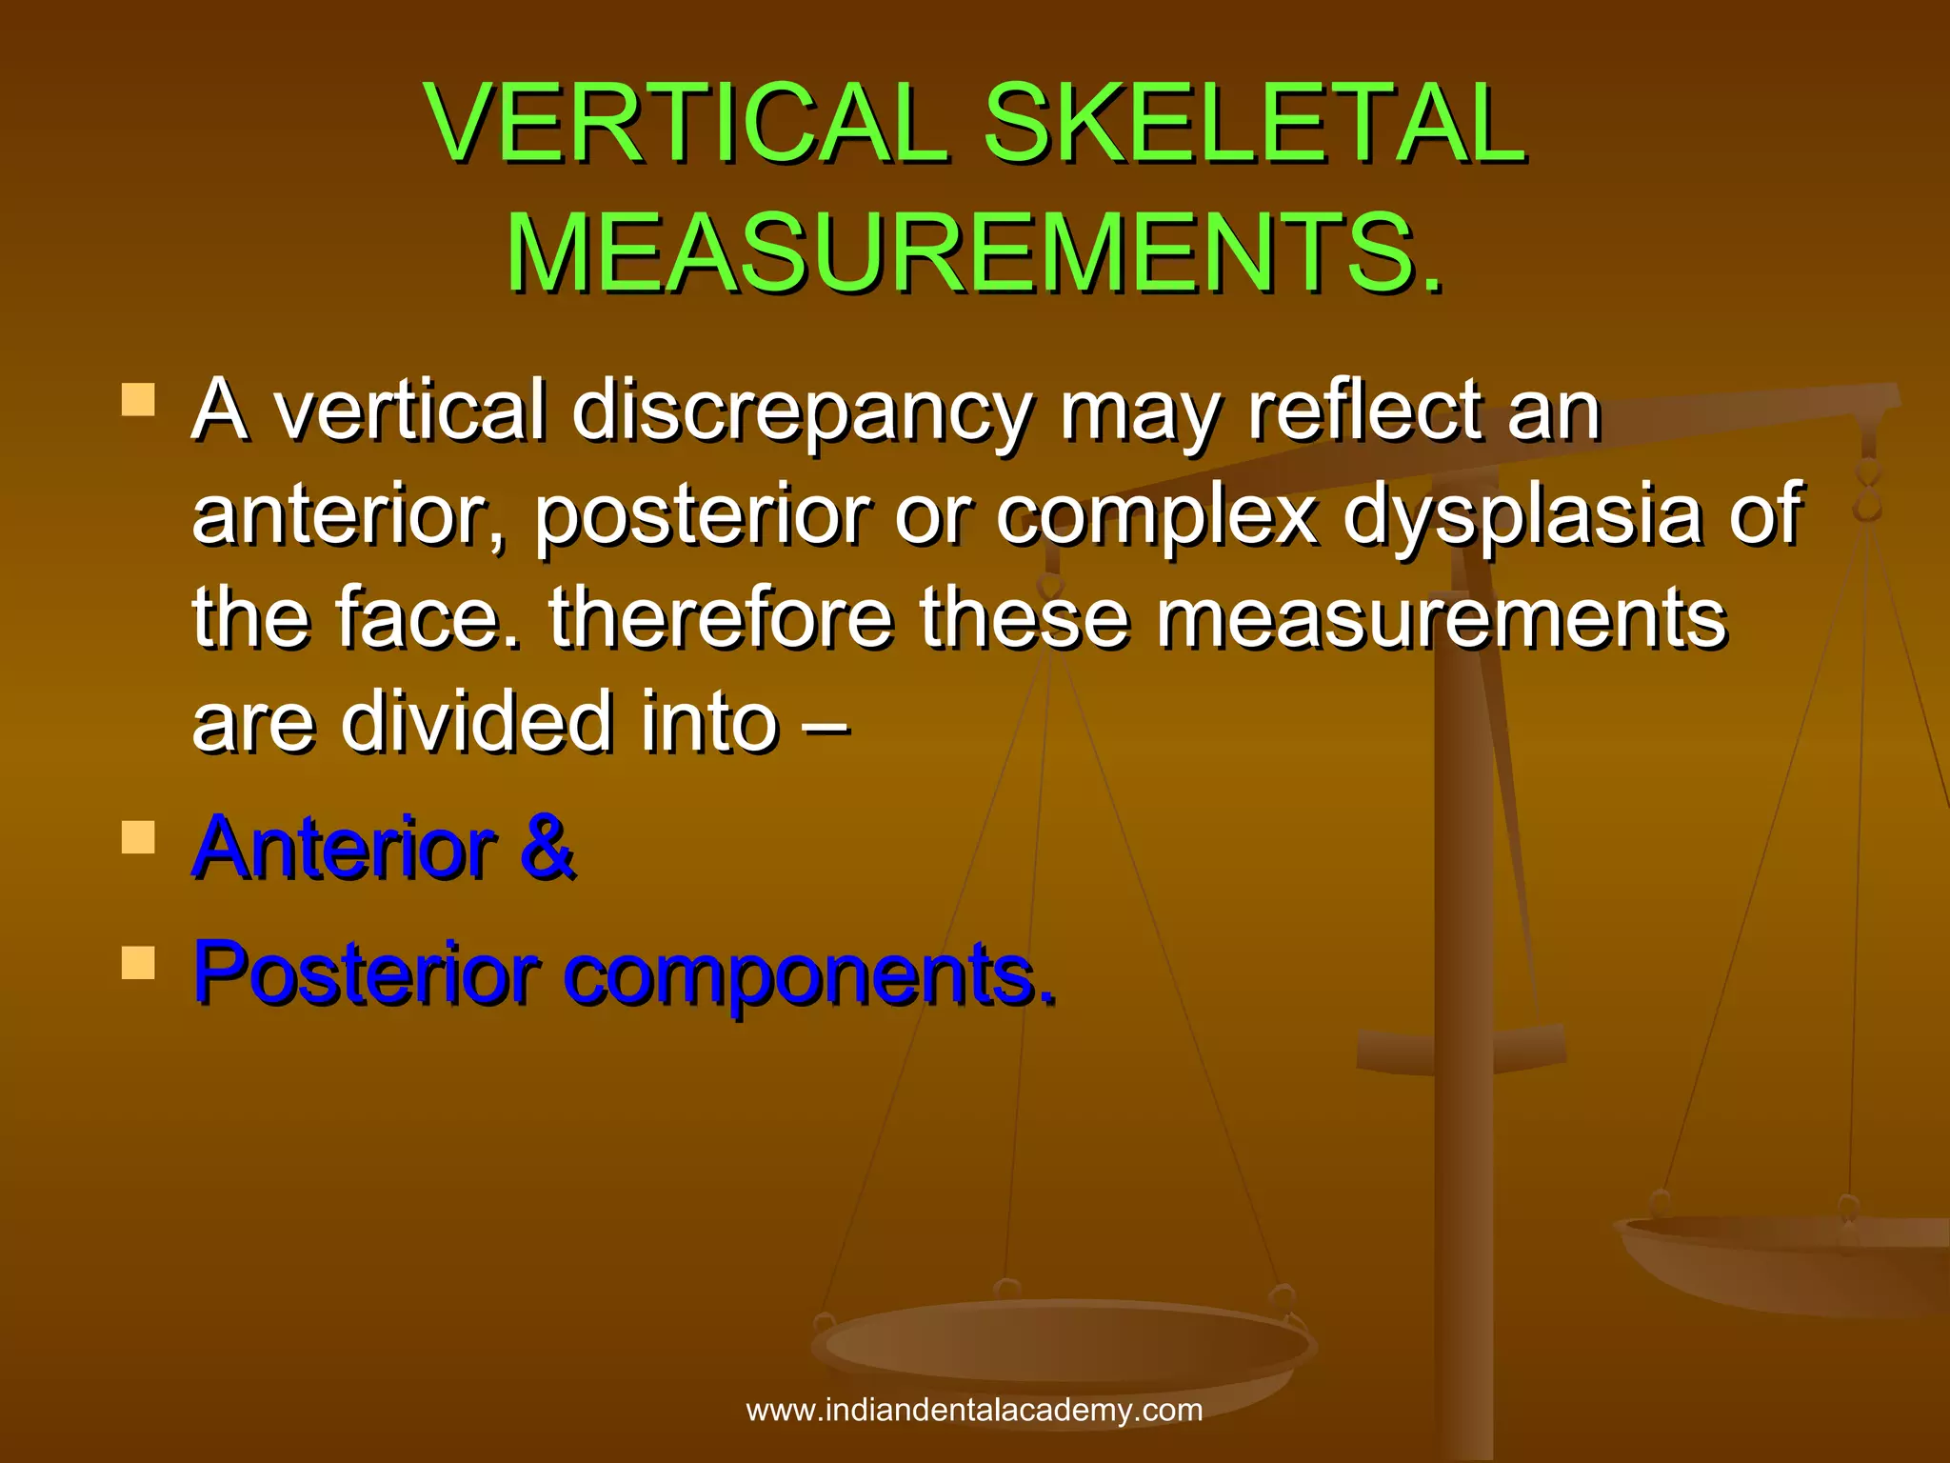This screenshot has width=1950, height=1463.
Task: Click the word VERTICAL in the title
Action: (x=686, y=124)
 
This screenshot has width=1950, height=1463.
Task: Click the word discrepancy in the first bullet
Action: (x=802, y=412)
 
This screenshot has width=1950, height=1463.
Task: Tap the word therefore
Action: (x=721, y=618)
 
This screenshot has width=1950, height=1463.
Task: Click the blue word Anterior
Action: (x=344, y=847)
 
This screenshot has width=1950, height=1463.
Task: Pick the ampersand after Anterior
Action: (x=547, y=847)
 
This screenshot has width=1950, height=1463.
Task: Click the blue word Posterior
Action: (x=367, y=972)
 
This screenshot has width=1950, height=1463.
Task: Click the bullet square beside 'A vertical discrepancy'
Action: (x=138, y=400)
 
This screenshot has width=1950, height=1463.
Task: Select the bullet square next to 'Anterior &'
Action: (x=138, y=838)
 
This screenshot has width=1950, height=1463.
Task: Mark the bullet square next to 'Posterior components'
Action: (x=138, y=963)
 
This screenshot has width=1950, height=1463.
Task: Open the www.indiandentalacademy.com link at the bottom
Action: (x=974, y=1410)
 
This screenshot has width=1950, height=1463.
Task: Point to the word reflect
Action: (x=1365, y=412)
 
